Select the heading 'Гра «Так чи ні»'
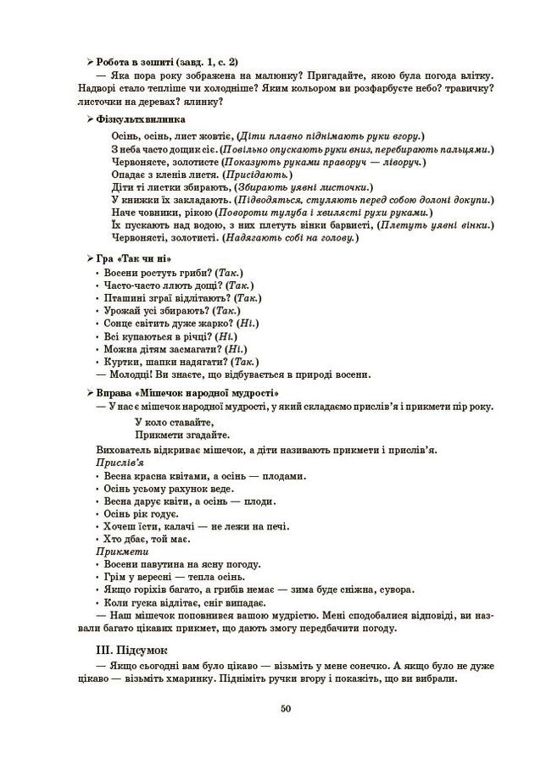[129, 258]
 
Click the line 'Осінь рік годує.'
[141, 514]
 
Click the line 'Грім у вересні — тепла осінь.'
[175, 577]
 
